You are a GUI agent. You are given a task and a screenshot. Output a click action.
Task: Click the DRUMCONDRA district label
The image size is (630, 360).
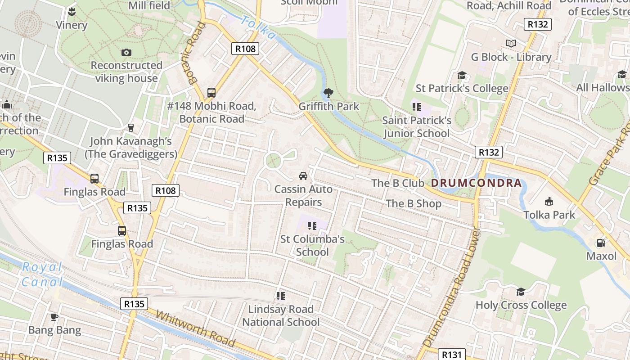(477, 183)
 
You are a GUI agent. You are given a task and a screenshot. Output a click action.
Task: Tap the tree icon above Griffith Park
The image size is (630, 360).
(328, 93)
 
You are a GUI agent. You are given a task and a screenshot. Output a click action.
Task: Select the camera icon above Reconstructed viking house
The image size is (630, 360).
(126, 52)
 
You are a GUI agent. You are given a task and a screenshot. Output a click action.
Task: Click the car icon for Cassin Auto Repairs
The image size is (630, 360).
(303, 175)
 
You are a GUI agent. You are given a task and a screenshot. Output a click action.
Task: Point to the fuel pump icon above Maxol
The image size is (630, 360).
(601, 243)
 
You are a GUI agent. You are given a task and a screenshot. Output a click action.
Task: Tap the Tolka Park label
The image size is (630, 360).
(549, 215)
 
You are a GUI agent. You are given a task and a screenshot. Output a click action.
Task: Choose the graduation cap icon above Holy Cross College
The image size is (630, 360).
(521, 292)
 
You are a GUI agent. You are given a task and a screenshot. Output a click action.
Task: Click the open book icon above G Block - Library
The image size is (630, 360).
(511, 43)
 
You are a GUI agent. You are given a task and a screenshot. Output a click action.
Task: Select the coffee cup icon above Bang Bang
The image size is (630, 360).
(54, 317)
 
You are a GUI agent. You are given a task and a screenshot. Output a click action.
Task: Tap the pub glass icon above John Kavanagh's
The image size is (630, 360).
(131, 128)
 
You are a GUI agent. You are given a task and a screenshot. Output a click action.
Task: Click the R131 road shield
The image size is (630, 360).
(450, 355)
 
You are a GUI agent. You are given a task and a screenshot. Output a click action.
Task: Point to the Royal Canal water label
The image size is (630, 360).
(42, 274)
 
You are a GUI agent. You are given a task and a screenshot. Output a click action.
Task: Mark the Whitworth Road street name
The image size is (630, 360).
(195, 328)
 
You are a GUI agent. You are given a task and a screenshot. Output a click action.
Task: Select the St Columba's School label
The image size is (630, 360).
(312, 245)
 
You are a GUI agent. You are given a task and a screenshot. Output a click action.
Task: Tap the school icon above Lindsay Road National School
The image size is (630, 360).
(281, 296)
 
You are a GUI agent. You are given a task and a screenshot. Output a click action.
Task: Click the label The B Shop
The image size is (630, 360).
(414, 203)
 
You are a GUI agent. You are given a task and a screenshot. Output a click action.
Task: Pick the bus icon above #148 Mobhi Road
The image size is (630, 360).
(211, 93)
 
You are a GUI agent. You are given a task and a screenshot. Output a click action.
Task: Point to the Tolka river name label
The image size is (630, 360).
(258, 27)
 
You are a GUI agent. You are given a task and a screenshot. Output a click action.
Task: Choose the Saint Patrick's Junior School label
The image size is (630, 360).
(416, 127)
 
